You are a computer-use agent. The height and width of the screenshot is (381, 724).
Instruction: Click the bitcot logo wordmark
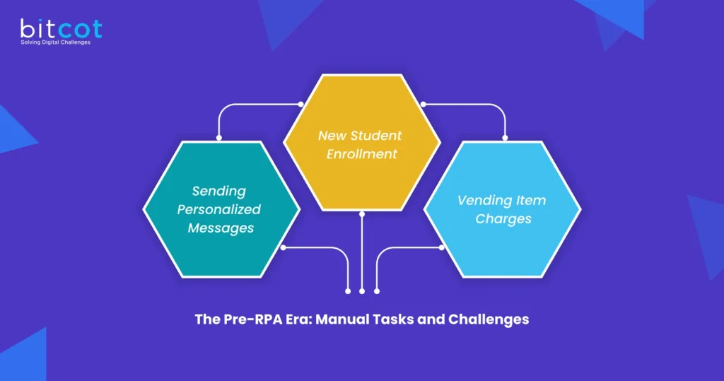click(x=61, y=28)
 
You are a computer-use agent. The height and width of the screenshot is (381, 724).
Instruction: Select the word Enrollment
click(x=361, y=153)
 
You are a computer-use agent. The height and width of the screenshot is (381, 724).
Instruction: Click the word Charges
click(x=503, y=218)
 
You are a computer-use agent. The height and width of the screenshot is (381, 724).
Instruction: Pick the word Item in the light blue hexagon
click(x=530, y=200)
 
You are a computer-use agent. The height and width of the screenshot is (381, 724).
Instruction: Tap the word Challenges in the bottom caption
click(x=488, y=320)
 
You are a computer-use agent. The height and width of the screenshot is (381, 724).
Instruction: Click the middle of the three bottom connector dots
click(x=362, y=291)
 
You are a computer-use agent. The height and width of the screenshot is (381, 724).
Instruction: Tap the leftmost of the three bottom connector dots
click(x=348, y=291)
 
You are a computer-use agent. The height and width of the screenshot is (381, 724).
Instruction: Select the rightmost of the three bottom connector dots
click(x=376, y=291)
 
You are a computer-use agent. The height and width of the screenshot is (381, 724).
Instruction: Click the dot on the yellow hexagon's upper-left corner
click(x=300, y=105)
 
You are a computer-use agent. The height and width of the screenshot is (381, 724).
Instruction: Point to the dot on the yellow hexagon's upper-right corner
click(x=424, y=105)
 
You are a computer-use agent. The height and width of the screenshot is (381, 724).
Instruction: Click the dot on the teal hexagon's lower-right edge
click(x=283, y=247)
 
